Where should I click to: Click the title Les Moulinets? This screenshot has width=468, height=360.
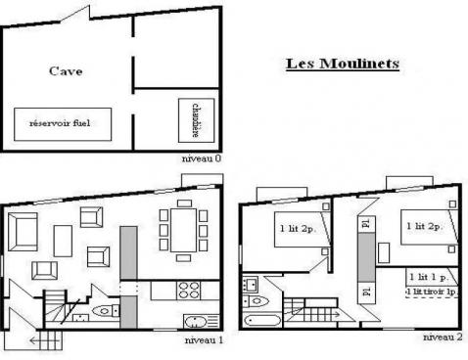coord(342,65)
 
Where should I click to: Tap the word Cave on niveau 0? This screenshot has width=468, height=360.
coord(65,71)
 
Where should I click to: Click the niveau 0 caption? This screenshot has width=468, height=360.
coord(203,157)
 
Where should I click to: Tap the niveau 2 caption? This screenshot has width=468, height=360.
coord(443,336)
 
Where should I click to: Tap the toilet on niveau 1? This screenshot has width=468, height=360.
coord(101,310)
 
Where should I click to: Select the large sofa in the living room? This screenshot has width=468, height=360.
coord(23,233)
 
